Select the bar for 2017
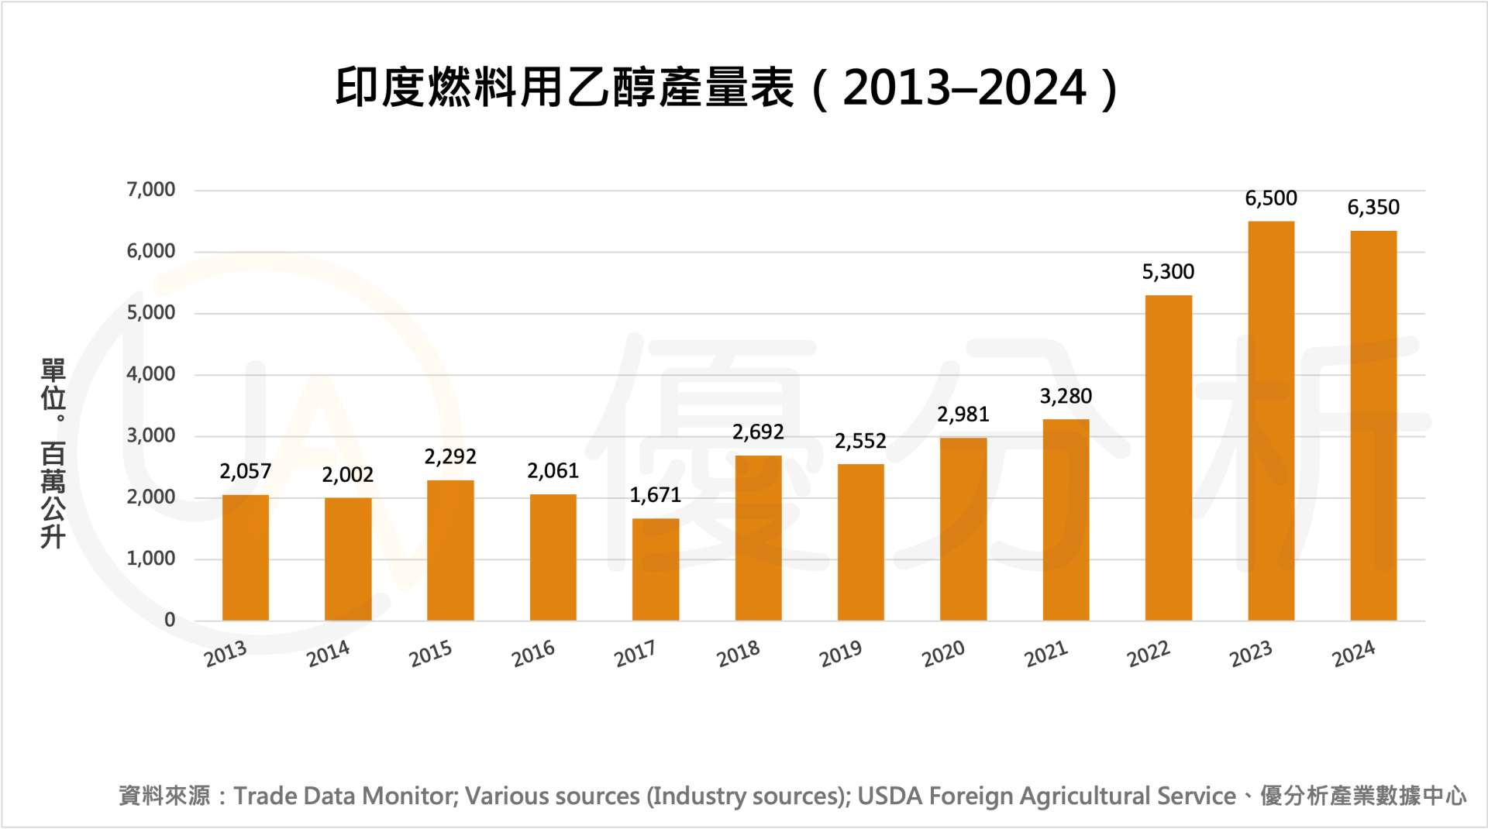(x=656, y=569)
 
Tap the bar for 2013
(x=245, y=558)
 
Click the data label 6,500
(x=1271, y=198)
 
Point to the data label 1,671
(x=656, y=495)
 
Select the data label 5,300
(x=1168, y=272)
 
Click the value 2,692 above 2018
(x=758, y=432)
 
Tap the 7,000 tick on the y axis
(x=151, y=190)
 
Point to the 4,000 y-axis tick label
(x=151, y=374)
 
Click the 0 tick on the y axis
(x=170, y=620)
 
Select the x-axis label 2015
(x=430, y=654)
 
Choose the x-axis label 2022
(x=1148, y=654)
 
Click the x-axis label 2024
(x=1353, y=654)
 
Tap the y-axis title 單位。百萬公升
(x=53, y=453)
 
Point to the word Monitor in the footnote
(x=410, y=796)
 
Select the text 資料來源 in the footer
(x=164, y=796)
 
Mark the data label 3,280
(x=1066, y=397)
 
